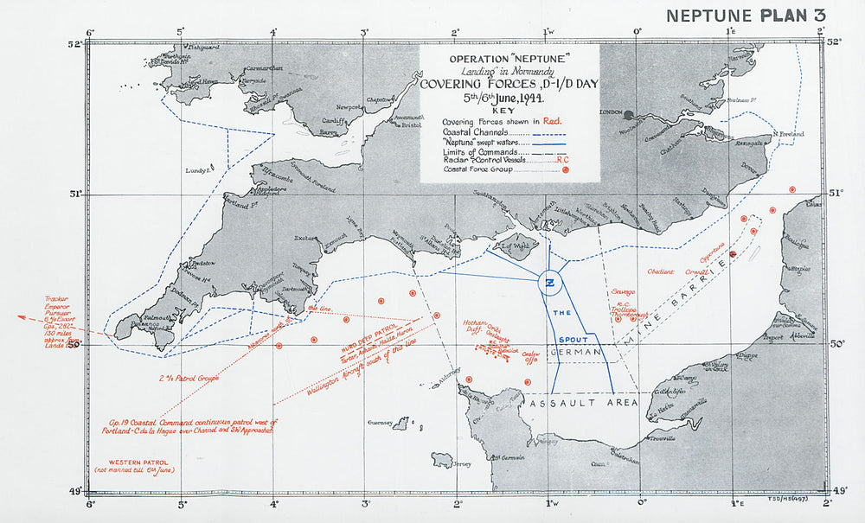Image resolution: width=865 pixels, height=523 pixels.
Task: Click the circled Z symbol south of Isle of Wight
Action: (551, 280)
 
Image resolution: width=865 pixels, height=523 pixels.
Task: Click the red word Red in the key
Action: (554, 122)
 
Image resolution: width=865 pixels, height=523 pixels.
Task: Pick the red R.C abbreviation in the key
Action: (562, 160)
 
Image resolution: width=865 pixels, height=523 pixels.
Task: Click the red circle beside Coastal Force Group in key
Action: (565, 170)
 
